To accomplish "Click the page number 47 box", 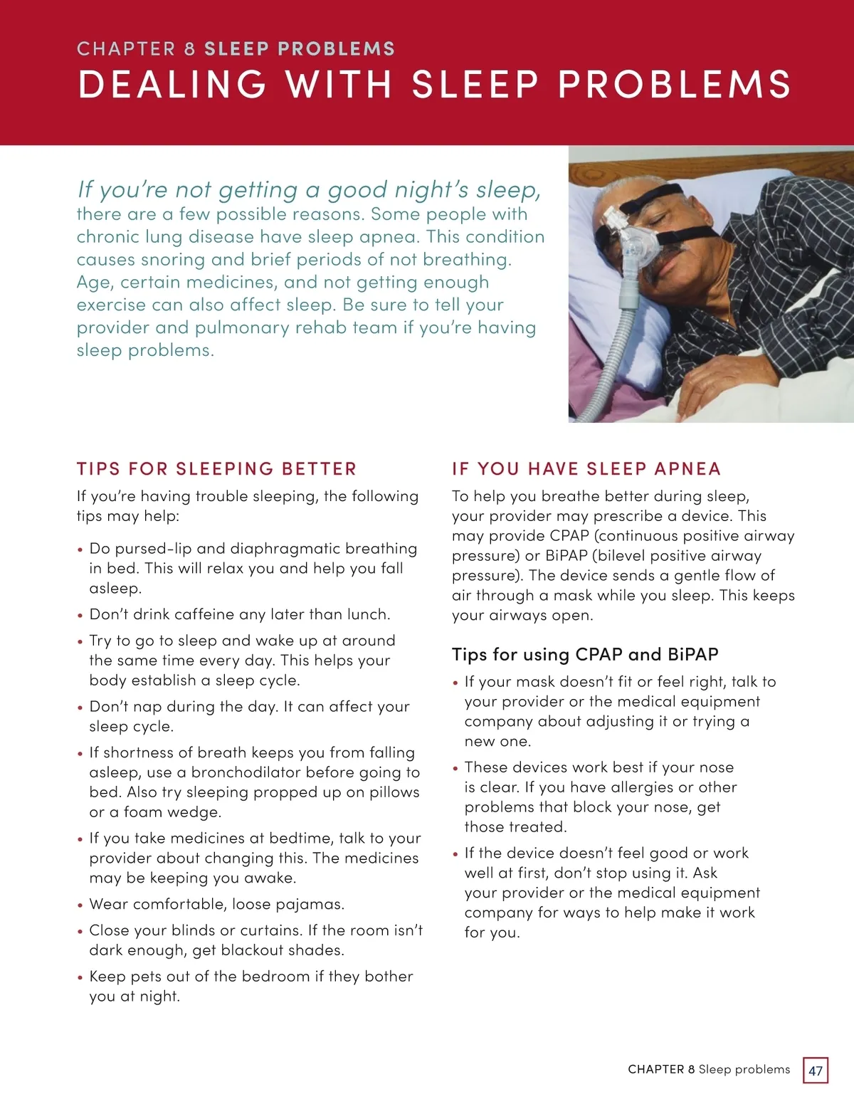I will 816,1071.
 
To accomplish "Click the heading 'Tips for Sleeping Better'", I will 216,469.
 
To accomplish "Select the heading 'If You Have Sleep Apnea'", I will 586,469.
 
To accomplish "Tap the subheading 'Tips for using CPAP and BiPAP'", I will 585,655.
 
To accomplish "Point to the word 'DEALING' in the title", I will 172,84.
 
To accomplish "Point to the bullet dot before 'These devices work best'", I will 455,769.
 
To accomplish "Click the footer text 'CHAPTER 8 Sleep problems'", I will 709,1070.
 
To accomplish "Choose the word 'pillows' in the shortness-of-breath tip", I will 394,793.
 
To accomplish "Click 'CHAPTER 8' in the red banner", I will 135,49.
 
